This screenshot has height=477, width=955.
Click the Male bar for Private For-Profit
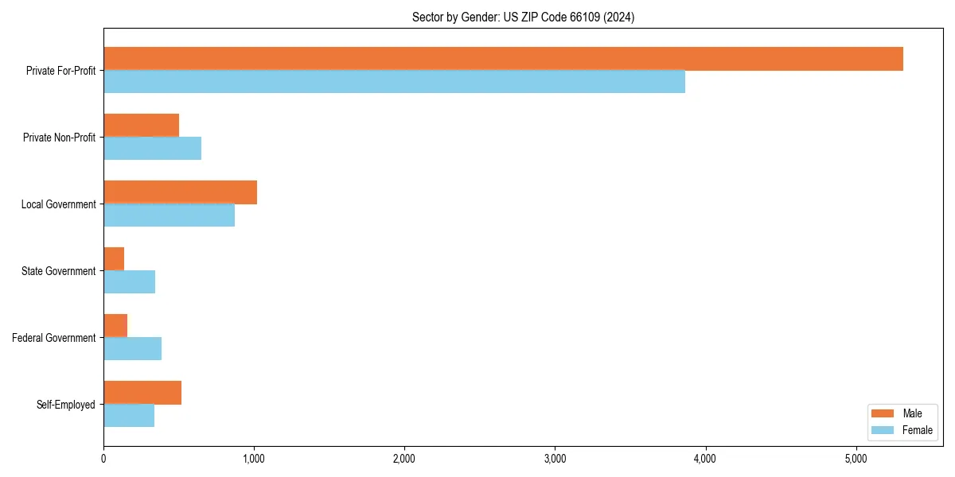click(503, 59)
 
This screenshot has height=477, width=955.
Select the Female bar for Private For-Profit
click(394, 82)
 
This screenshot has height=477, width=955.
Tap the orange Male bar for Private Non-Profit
click(141, 126)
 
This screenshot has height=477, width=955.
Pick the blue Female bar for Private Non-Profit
click(152, 149)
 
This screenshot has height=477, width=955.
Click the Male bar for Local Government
click(180, 192)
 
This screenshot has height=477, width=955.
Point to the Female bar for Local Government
click(169, 215)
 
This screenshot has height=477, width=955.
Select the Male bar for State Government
click(114, 259)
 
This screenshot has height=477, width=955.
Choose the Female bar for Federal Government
click(132, 349)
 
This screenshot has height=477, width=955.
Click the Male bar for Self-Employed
click(142, 393)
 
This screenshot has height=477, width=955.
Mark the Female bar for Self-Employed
click(129, 416)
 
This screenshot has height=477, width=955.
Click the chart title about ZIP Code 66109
click(523, 17)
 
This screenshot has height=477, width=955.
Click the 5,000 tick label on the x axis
click(856, 459)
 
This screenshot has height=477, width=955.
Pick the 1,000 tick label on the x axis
click(254, 459)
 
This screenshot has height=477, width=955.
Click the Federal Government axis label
click(54, 338)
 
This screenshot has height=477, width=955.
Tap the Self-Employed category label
click(66, 405)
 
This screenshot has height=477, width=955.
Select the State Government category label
click(59, 271)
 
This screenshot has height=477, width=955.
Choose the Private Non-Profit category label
click(59, 138)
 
